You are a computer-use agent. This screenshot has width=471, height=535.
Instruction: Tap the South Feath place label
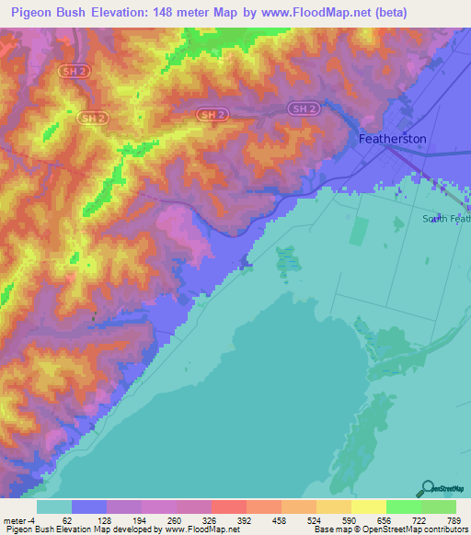click(x=446, y=219)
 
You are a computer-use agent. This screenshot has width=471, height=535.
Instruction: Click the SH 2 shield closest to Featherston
click(x=302, y=108)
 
